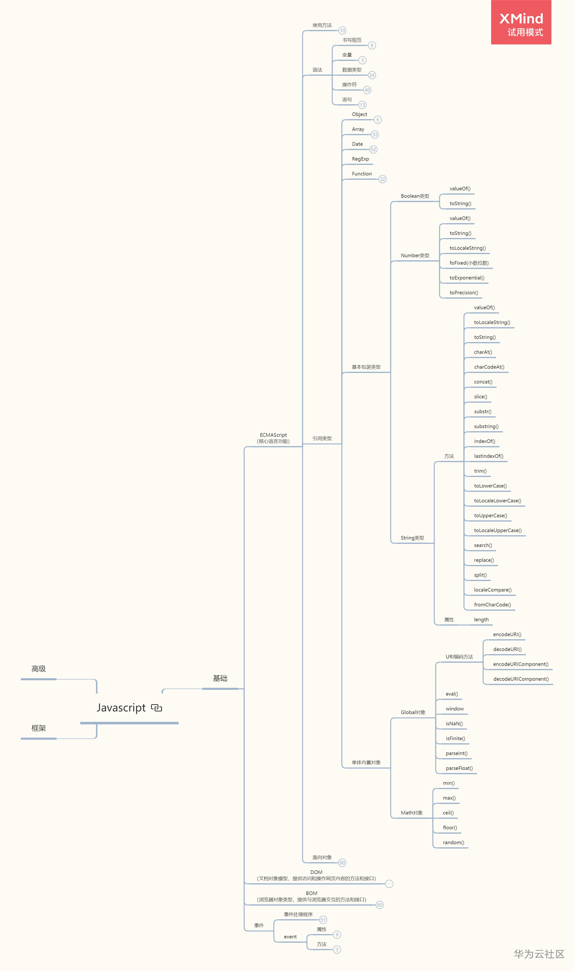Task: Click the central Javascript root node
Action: [121, 708]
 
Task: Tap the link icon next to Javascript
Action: [157, 708]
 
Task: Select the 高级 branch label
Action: [39, 669]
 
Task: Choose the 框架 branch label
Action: [39, 728]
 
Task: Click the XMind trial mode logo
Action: [521, 23]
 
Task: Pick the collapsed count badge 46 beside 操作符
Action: [367, 90]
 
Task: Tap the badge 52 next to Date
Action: [373, 149]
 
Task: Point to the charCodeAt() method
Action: [489, 367]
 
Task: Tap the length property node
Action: [481, 619]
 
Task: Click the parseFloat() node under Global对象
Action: [459, 768]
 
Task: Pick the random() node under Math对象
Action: [453, 843]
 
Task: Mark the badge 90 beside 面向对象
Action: [342, 863]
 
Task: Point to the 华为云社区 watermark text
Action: [539, 954]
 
